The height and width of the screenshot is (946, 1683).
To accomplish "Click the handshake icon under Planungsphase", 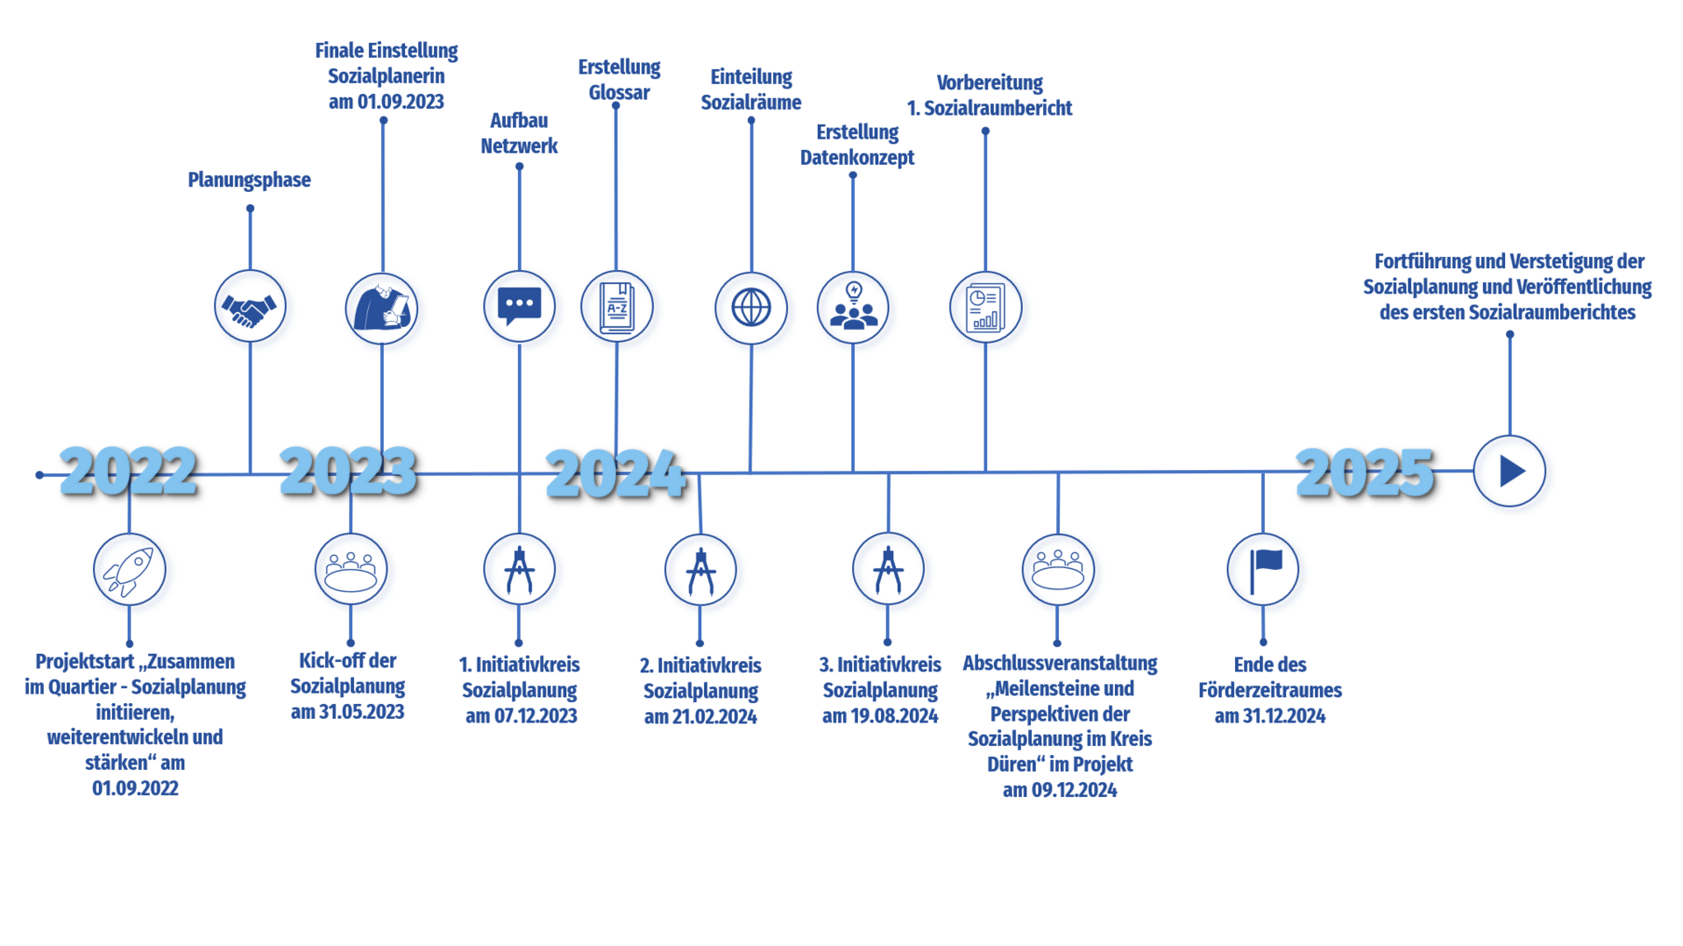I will pyautogui.click(x=250, y=307).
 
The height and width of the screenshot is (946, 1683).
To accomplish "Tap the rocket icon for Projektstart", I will pyautogui.click(x=130, y=570).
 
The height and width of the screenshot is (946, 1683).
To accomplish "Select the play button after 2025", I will pyautogui.click(x=1509, y=471).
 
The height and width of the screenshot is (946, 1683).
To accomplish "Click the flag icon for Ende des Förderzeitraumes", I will pyautogui.click(x=1263, y=570).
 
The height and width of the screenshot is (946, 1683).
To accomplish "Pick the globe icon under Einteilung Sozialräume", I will pyautogui.click(x=751, y=308).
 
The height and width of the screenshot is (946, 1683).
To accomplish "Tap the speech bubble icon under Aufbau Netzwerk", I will pyautogui.click(x=519, y=307).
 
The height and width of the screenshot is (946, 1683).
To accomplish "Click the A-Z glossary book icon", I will pyautogui.click(x=617, y=307).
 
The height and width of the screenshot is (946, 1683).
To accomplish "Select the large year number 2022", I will pyautogui.click(x=128, y=471).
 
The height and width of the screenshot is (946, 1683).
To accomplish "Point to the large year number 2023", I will pyautogui.click(x=348, y=471).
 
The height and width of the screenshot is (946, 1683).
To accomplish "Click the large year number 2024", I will pyautogui.click(x=615, y=474).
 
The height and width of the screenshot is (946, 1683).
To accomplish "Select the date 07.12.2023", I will pyautogui.click(x=536, y=716).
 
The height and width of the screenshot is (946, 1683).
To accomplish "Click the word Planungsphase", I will pyautogui.click(x=249, y=180).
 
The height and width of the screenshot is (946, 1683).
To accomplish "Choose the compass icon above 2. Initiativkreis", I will pyautogui.click(x=700, y=571).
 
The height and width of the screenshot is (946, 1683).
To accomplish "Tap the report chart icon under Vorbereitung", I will pyautogui.click(x=985, y=308).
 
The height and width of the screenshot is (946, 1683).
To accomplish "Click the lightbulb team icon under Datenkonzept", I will pyautogui.click(x=853, y=308).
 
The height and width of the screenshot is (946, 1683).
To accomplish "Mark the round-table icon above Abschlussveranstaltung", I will pyautogui.click(x=1058, y=570).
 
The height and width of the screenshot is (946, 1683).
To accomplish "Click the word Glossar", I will pyautogui.click(x=619, y=93).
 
